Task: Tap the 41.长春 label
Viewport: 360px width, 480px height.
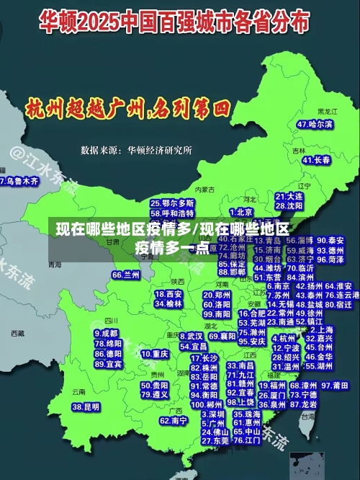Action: (x=317, y=160)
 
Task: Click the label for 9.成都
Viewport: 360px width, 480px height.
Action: (x=107, y=334)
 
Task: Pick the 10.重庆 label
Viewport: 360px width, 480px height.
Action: (x=155, y=355)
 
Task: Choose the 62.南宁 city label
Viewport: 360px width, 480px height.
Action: (x=174, y=420)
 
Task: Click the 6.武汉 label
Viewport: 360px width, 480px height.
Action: (x=191, y=336)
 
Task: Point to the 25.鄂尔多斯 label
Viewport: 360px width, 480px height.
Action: (x=172, y=204)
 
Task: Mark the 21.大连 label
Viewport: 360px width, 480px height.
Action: (x=289, y=196)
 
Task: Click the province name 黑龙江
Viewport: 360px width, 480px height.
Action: (x=328, y=112)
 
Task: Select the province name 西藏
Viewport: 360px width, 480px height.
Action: (x=17, y=334)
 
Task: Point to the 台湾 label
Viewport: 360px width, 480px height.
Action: (x=308, y=416)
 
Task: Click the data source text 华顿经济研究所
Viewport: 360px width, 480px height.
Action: (x=159, y=151)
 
